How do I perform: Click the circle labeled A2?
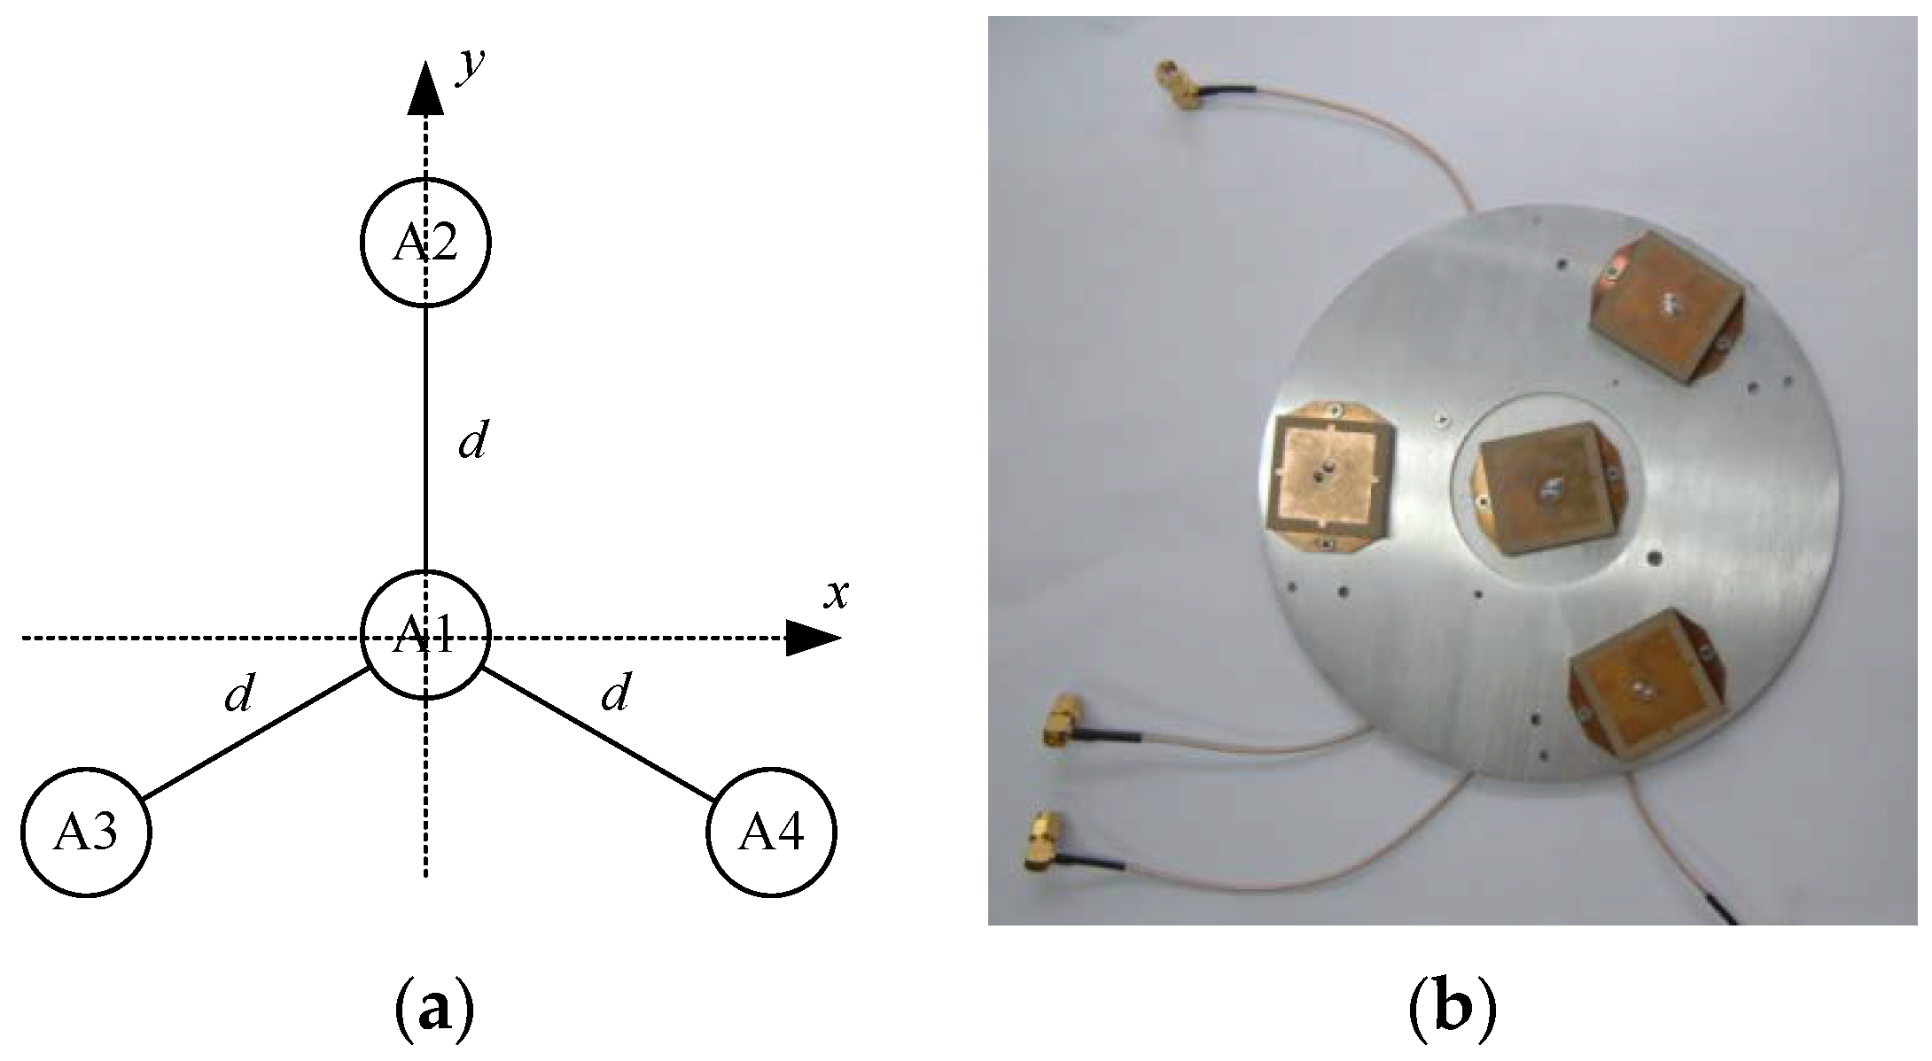coord(425,242)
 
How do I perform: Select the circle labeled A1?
coord(425,635)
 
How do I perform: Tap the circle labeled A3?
coord(86,833)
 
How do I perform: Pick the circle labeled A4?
coord(771,833)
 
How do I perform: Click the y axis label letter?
coord(470,66)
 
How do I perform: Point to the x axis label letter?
coord(835,595)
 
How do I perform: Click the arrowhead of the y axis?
coord(425,89)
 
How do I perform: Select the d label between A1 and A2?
coord(471,440)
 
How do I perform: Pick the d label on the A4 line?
coord(614,693)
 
